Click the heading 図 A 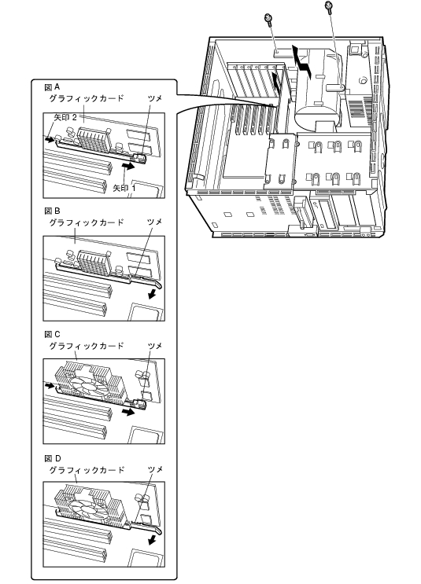(x=52, y=87)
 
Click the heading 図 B (x=52, y=211)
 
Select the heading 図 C (x=52, y=335)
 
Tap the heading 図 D (x=53, y=458)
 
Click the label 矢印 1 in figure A (x=124, y=188)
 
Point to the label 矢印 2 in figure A (x=65, y=117)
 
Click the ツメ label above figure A (x=155, y=98)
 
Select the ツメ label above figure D (x=155, y=469)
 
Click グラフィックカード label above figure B (x=86, y=222)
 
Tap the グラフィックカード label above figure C (x=86, y=346)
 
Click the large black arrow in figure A (x=128, y=167)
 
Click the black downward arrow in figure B (x=152, y=294)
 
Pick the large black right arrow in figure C (x=128, y=412)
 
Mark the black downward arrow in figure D (x=152, y=540)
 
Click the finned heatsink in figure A (x=93, y=138)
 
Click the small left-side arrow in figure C (x=49, y=385)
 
